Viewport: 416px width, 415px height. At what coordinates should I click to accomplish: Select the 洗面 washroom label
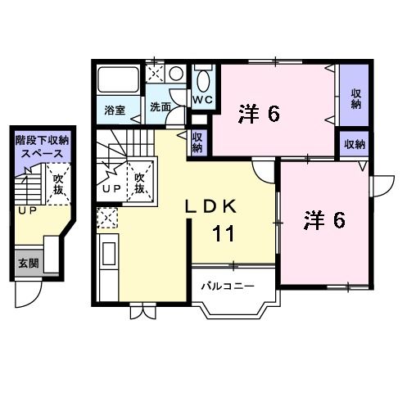pos(160,108)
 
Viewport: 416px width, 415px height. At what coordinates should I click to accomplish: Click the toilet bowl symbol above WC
pos(202,80)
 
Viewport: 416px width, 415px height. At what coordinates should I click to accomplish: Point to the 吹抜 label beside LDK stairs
pos(139,183)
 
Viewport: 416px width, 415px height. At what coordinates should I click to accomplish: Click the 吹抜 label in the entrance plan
pos(58,184)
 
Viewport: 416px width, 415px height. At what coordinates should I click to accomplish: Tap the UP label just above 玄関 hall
pos(27,211)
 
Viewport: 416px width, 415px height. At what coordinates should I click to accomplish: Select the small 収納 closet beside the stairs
pos(198,142)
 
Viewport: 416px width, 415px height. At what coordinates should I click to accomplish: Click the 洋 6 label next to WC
pos(260,114)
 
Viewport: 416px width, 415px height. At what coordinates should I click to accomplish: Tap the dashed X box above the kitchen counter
pos(106,218)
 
